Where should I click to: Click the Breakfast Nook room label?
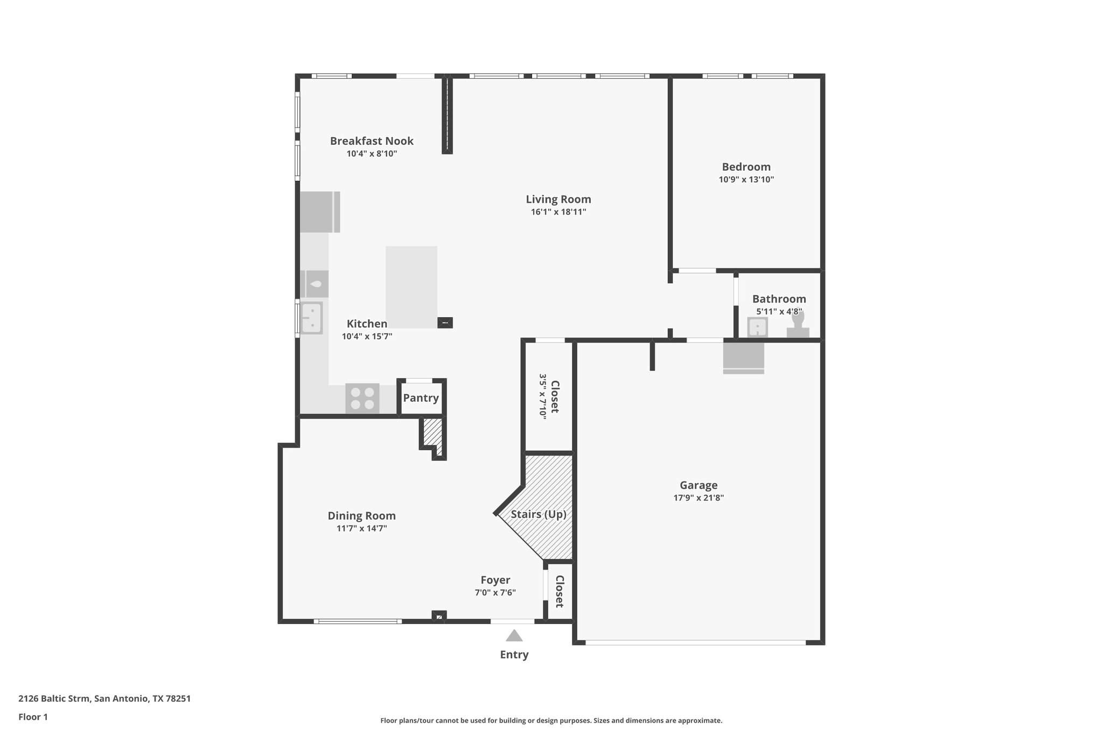pos(372,141)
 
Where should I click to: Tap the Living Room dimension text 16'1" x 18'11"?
pos(558,212)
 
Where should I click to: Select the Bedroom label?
pos(746,167)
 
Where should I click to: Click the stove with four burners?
pos(362,398)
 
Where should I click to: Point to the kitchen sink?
pos(311,318)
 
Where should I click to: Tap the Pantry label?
pos(421,398)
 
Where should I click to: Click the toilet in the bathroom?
pos(798,326)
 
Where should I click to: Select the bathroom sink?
pos(757,327)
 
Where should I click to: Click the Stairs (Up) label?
pos(538,514)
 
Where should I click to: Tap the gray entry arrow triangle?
pos(514,636)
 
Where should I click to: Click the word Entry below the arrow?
pos(514,655)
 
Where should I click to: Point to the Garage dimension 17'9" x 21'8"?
pos(698,498)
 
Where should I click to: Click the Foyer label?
pos(495,580)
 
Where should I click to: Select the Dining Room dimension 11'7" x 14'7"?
pos(361,529)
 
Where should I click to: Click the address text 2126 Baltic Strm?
pos(54,699)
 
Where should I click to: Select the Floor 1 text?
pos(33,717)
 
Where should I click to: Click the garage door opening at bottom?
pos(695,642)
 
